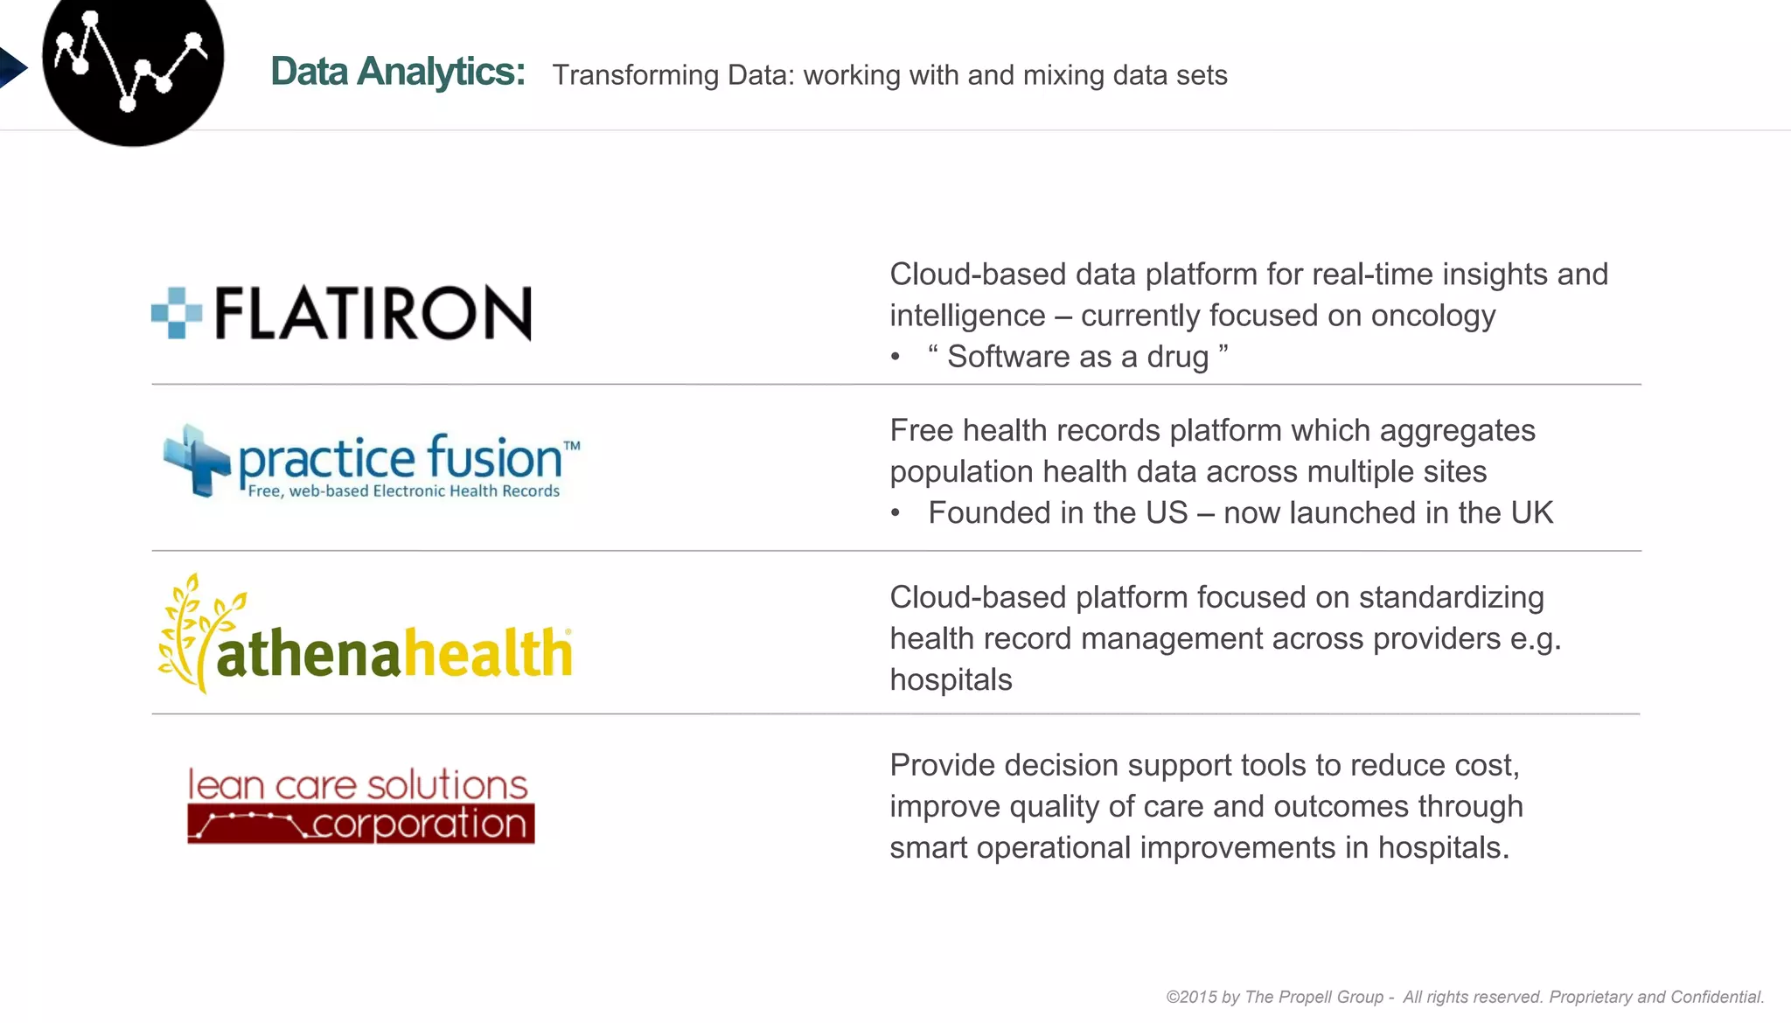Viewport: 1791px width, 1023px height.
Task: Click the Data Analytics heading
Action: pos(397,72)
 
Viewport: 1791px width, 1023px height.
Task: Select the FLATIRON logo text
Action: pos(373,313)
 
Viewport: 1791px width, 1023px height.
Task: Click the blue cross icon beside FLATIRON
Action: pos(177,312)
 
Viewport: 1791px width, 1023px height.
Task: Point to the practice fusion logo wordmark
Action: pos(400,458)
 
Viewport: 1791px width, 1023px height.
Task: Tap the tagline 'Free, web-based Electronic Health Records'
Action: pos(403,491)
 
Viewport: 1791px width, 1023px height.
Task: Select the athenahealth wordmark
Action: pos(394,653)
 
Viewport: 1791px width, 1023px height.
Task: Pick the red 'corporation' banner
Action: pos(360,825)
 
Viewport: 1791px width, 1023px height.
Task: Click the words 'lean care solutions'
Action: pos(358,784)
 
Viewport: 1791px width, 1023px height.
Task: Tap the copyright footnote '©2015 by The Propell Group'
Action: pos(1274,997)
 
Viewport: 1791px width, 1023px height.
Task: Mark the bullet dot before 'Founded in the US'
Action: pos(895,513)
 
